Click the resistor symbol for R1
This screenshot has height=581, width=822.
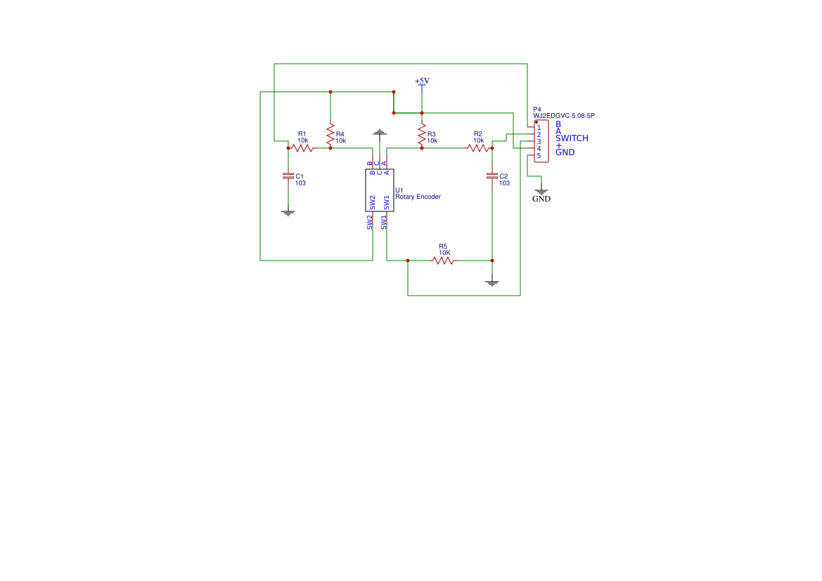[x=302, y=148]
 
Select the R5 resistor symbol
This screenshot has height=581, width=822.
[x=443, y=261]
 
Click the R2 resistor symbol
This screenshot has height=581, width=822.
[x=478, y=148]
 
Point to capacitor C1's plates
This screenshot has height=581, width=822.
[x=288, y=176]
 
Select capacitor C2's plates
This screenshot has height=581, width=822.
[x=492, y=176]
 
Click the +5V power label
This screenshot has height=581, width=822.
[x=422, y=81]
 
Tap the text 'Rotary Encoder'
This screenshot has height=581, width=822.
[x=418, y=197]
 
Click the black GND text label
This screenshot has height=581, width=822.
[x=541, y=199]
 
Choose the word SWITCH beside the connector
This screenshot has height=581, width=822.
[x=572, y=138]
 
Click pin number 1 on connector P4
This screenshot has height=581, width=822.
[x=539, y=128]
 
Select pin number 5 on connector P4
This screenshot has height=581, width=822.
[x=539, y=155]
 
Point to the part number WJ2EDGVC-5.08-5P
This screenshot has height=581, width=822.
[x=568, y=116]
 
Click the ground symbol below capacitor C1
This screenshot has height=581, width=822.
[x=288, y=212]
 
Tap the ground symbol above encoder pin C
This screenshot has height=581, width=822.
[x=380, y=132]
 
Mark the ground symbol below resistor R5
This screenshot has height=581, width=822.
[x=492, y=283]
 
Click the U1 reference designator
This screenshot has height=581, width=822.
[x=399, y=190]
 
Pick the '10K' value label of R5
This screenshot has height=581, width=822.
[x=444, y=253]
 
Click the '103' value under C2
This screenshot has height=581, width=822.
[x=504, y=183]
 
